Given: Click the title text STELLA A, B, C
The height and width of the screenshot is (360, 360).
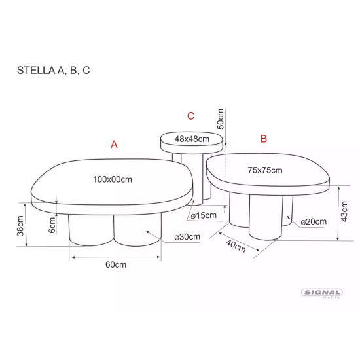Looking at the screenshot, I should click(54, 71).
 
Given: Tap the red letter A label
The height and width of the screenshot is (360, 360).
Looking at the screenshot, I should click(114, 145).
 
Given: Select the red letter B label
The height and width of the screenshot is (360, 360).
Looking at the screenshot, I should click(264, 139).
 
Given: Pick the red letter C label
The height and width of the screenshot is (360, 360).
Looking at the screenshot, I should click(190, 117).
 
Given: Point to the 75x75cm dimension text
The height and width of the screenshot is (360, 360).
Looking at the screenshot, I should click(264, 170).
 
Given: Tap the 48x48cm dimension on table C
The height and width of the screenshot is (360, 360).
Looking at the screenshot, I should click(192, 139).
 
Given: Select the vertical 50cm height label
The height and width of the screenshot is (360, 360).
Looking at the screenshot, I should click(221, 118).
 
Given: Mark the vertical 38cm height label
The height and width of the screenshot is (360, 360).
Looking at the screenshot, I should click(21, 226).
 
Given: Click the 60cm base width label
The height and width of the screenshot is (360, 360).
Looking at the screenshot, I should click(115, 264).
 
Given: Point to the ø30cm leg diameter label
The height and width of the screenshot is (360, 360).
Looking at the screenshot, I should click(187, 237).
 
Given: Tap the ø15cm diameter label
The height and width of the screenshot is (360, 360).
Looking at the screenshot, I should click(204, 215).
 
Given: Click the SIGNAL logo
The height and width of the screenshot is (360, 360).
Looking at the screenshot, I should click(321, 293).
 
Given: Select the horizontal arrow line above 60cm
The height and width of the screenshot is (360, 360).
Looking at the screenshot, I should click(115, 257).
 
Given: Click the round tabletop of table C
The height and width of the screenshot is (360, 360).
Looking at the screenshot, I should click(192, 139).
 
